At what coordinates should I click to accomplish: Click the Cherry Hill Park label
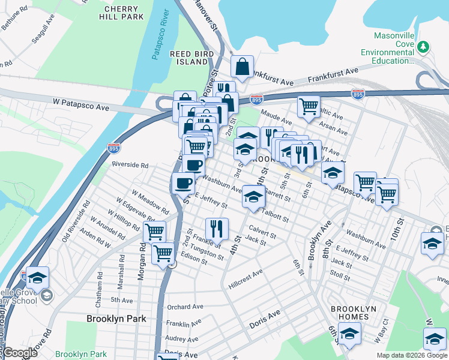124,13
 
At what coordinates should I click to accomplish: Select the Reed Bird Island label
188,58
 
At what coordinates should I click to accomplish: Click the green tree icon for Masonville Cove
424,46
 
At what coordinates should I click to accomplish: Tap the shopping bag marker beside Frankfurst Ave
242,67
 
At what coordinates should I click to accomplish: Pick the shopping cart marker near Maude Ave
309,106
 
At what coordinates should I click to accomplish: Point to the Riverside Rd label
130,164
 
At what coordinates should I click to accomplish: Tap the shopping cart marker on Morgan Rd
155,230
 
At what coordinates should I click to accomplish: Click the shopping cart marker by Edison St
163,254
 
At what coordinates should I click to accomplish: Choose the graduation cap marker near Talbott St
253,196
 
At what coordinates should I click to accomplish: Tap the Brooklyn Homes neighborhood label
354,313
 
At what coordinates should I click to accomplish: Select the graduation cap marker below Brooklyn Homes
349,334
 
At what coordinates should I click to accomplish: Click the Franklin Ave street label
187,323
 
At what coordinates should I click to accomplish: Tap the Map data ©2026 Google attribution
412,355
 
